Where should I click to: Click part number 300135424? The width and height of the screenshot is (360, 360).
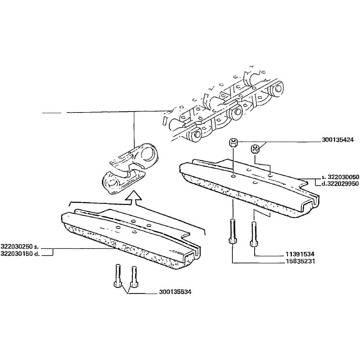tap(337, 140)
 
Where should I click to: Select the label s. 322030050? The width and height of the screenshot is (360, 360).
tap(340, 177)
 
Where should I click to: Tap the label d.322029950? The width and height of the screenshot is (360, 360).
tap(340, 184)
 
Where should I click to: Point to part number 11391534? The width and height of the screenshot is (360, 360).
tap(300, 254)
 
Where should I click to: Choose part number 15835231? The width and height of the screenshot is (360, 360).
tap(300, 261)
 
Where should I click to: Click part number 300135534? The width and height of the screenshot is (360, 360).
tap(175, 292)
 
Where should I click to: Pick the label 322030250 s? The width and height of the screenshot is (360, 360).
tap(20, 247)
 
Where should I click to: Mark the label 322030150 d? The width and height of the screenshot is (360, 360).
tap(20, 254)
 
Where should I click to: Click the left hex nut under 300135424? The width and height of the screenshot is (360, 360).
tap(233, 142)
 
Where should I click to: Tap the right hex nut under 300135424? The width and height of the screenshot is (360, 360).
tap(255, 149)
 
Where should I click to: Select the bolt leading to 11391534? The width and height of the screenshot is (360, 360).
tap(253, 234)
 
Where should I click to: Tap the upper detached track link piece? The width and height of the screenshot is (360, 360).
tap(133, 156)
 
